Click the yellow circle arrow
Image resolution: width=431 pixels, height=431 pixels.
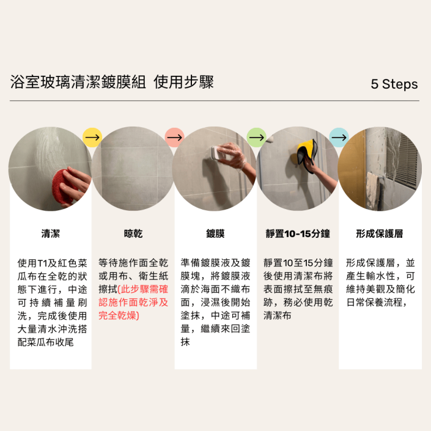pos(92,138)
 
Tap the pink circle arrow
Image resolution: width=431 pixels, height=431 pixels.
pos(175,138)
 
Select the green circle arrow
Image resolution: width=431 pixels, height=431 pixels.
pos(256,138)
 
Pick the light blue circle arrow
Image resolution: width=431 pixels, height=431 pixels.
pos(339,138)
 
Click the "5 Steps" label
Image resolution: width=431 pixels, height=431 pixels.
pos(394,84)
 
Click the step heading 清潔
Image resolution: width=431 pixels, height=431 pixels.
pos(51,234)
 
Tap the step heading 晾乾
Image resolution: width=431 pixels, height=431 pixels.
pos(133,234)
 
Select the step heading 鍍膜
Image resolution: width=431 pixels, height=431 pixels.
pos(215,234)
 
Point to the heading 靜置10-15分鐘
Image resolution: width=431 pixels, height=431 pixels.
pos(298,234)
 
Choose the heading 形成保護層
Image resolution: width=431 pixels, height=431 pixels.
pos(380,234)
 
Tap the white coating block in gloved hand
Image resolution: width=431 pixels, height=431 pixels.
pos(217,153)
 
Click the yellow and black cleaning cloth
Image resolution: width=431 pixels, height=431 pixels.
pos(307,154)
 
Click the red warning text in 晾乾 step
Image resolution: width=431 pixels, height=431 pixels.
pos(133,303)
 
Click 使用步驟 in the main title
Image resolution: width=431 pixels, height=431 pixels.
pos(183,82)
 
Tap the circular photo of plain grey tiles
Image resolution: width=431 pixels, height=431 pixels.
pos(133,169)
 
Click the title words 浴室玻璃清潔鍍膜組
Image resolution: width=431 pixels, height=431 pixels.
pos(78,82)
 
